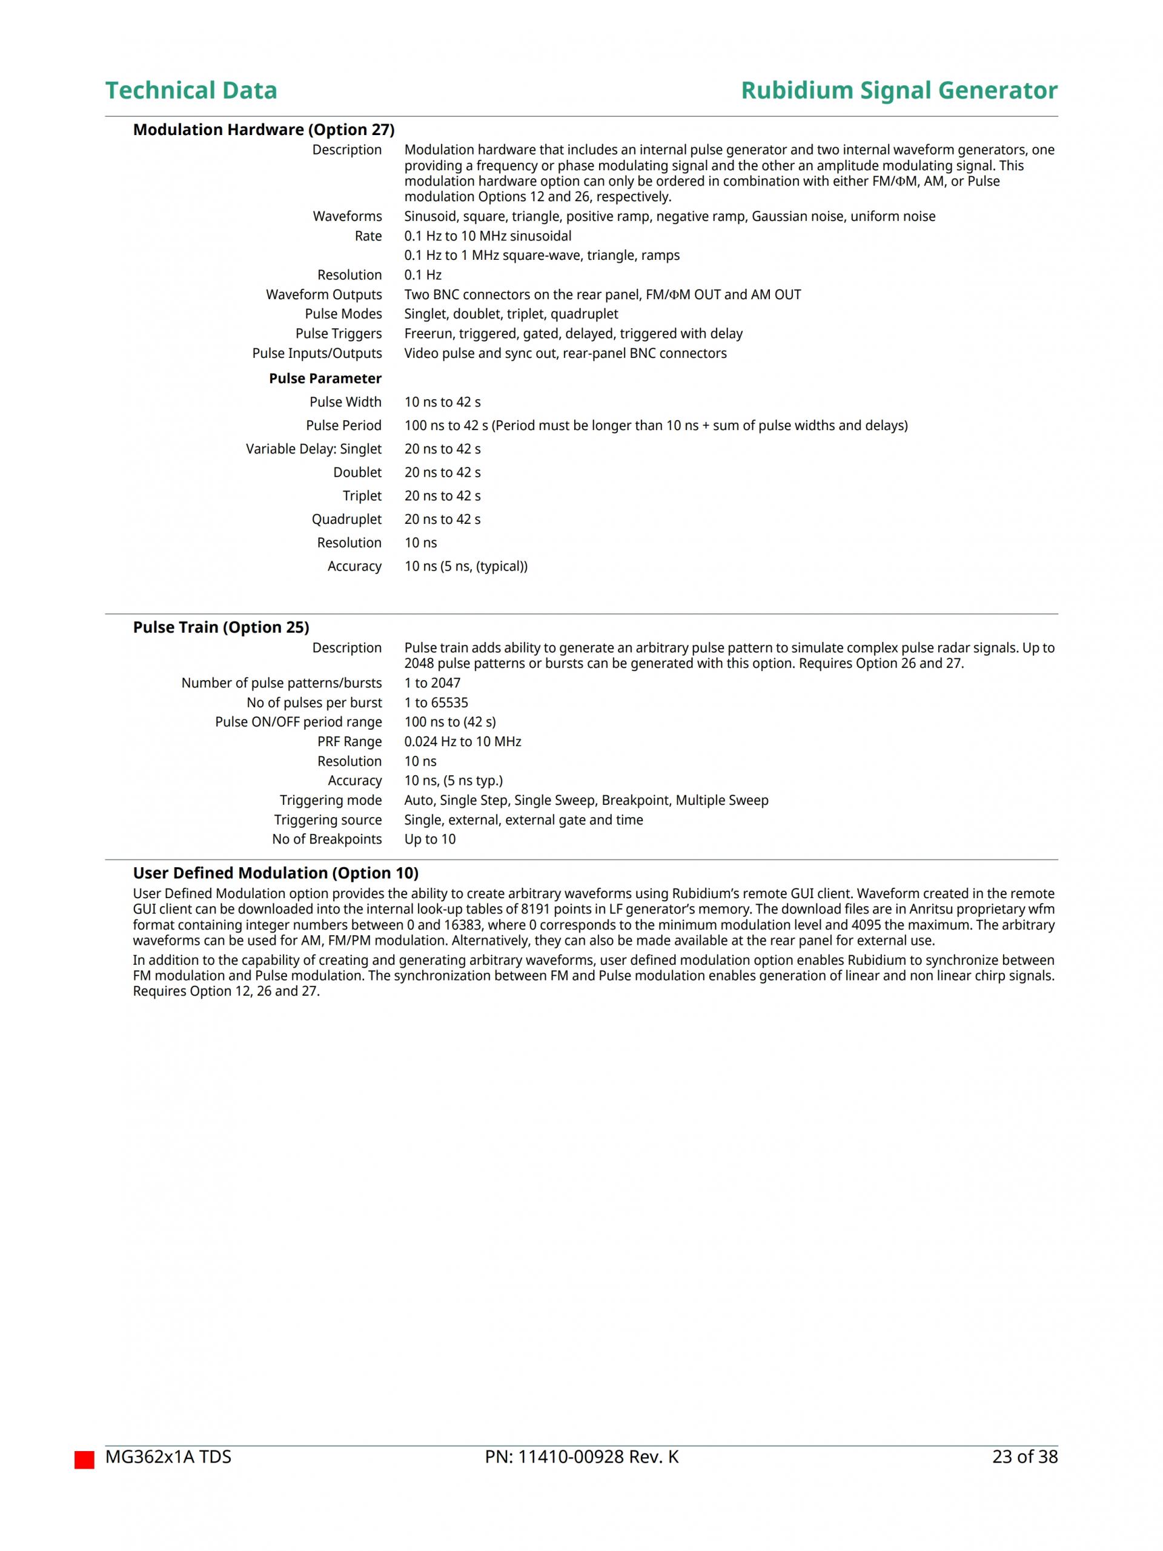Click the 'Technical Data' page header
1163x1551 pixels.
tap(191, 90)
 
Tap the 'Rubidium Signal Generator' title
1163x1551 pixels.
tap(898, 90)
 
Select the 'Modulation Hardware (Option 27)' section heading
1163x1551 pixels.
tap(263, 130)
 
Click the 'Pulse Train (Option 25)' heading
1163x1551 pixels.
tap(221, 627)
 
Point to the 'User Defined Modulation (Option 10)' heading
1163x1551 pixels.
tap(276, 873)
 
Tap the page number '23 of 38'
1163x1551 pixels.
tap(1024, 1457)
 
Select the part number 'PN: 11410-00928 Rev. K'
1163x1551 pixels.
tap(581, 1457)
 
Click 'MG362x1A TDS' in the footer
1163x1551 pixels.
tap(168, 1457)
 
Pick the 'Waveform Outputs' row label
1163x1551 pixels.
tap(323, 294)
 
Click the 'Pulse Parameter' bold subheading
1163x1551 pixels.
tap(325, 379)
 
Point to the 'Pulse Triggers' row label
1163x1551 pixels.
tap(338, 334)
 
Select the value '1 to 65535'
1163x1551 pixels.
tap(436, 703)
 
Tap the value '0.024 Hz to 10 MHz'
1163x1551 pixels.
tap(462, 742)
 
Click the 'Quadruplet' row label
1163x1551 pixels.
tap(346, 520)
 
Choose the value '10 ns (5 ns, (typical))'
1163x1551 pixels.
tap(466, 566)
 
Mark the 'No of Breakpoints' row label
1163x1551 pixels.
tap(327, 839)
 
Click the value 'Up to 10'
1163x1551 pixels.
tap(429, 839)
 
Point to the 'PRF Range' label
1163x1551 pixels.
tap(350, 742)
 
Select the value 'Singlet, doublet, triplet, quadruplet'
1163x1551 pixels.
tap(511, 314)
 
